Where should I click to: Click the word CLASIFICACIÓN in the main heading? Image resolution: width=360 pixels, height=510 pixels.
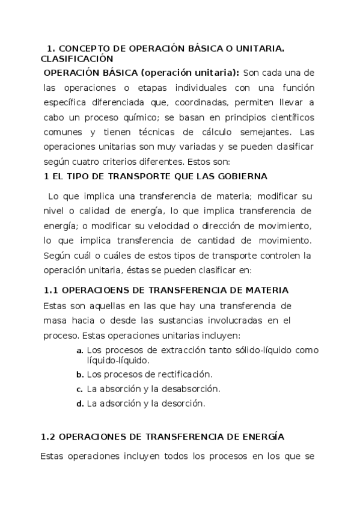77,59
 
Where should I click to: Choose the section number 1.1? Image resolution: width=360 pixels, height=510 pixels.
51,290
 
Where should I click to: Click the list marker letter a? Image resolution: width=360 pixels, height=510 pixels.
79,351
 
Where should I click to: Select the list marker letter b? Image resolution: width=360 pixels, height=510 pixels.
79,375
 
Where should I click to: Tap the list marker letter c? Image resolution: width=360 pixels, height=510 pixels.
79,389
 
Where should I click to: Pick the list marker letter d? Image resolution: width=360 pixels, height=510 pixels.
79,404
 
